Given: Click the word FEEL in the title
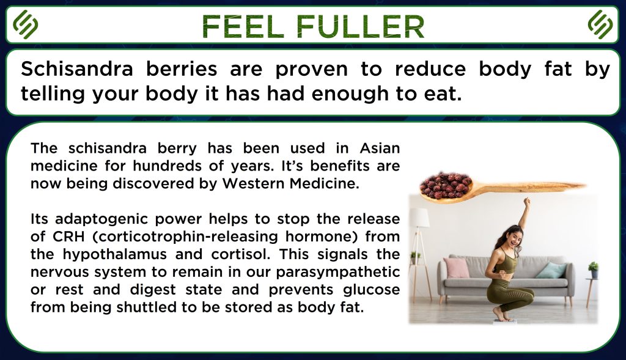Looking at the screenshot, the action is pyautogui.click(x=242, y=27).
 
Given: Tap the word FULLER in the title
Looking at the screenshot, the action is pyautogui.click(x=359, y=27).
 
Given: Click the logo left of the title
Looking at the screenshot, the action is pyautogui.click(x=25, y=24).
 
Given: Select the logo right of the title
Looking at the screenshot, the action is pyautogui.click(x=600, y=24).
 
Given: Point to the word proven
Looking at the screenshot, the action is pyautogui.click(x=311, y=70).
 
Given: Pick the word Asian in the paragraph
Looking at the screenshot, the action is pyautogui.click(x=380, y=148).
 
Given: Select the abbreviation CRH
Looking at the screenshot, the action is pyautogui.click(x=68, y=237).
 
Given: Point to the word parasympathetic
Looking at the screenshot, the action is pyautogui.click(x=337, y=272).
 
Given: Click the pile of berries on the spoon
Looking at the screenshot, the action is pyautogui.click(x=446, y=185).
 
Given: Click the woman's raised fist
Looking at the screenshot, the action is pyautogui.click(x=527, y=201).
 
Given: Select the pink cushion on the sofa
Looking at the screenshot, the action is pyautogui.click(x=456, y=268).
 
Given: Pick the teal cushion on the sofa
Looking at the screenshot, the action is pyautogui.click(x=551, y=270).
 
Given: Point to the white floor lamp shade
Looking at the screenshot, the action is pyautogui.click(x=418, y=218).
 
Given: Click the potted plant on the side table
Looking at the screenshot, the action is pyautogui.click(x=594, y=270).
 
